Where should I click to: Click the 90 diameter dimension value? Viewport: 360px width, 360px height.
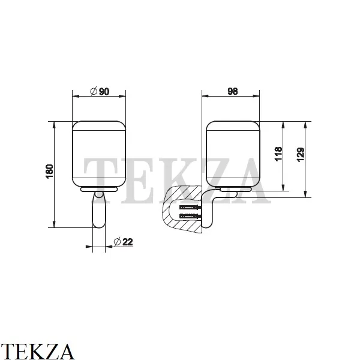(x=104, y=92)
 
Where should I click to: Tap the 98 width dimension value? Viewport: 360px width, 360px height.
(x=233, y=91)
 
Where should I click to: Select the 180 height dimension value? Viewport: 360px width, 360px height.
(x=50, y=171)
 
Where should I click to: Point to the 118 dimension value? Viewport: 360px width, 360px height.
(x=278, y=154)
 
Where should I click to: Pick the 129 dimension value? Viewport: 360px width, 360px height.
(x=301, y=155)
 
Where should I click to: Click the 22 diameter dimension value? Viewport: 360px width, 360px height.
(x=128, y=242)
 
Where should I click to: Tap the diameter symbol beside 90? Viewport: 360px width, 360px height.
(x=94, y=91)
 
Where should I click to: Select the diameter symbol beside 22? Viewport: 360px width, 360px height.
(x=118, y=242)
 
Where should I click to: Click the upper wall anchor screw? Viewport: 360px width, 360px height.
(x=191, y=208)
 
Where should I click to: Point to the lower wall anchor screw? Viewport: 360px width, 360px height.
(x=191, y=216)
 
